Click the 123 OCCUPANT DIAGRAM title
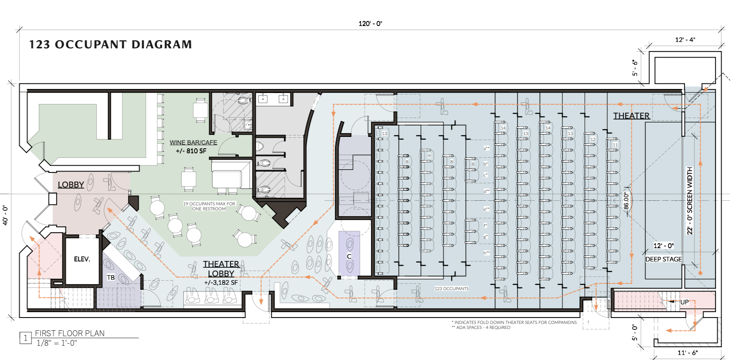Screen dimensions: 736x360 point(110,45)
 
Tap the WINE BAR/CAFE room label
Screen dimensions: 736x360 point(193,142)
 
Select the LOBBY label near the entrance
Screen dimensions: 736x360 point(71,185)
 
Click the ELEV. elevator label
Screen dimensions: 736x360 point(82,259)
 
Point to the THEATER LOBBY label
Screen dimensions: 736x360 point(221,269)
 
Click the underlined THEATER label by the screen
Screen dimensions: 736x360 point(631,116)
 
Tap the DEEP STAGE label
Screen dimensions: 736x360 point(663,259)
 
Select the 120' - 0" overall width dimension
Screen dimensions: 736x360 point(370,24)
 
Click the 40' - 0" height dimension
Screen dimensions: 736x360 point(5,215)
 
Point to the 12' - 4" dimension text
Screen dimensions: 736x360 point(685,40)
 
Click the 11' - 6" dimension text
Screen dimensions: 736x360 point(687,353)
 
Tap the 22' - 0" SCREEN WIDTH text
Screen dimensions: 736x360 point(689,201)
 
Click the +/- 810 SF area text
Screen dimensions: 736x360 point(191,151)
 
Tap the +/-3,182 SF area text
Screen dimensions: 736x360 point(221,283)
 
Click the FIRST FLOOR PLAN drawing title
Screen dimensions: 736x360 point(70,334)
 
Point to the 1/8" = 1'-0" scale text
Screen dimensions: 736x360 point(57,343)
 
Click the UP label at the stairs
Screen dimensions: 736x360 point(684,302)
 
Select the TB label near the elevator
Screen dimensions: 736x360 point(111,277)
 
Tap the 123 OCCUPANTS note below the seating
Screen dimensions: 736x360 point(451,289)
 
